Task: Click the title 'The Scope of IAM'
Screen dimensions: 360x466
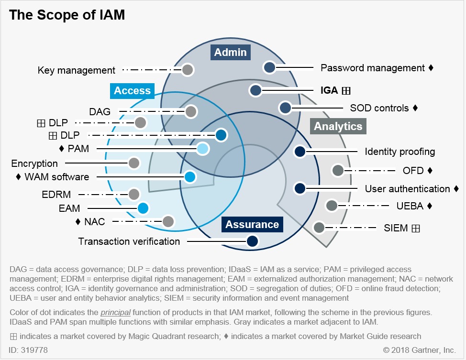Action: (x=67, y=15)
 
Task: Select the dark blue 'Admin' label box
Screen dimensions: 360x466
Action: (x=230, y=52)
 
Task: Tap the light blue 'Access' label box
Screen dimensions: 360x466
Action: (x=132, y=90)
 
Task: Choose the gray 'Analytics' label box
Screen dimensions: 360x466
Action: (x=338, y=126)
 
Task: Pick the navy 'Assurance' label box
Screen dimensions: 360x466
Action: (x=252, y=224)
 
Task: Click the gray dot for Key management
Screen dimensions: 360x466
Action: (x=188, y=70)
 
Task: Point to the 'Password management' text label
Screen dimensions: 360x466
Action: (x=373, y=68)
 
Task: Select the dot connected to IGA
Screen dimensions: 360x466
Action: (x=255, y=90)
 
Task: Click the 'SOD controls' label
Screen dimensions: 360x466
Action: (x=379, y=108)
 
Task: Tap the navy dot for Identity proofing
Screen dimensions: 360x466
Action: (x=300, y=152)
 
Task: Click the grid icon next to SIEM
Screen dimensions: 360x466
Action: (x=415, y=228)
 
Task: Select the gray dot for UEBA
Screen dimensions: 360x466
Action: (x=331, y=206)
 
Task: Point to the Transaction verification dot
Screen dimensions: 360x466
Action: (x=252, y=241)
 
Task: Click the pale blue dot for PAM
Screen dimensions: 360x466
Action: (x=203, y=149)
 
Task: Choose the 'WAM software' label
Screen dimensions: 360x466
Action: (x=56, y=177)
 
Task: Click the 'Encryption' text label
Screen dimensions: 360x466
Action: (x=34, y=164)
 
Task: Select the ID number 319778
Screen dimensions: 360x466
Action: (x=29, y=350)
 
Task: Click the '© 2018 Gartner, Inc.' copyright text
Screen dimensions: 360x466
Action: (x=419, y=350)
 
